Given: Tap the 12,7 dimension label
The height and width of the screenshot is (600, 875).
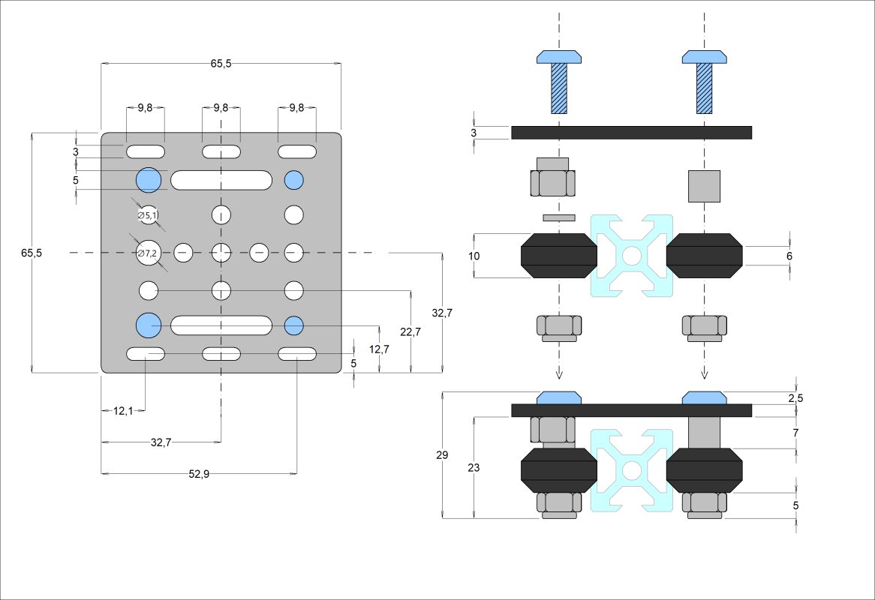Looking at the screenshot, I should tap(380, 349).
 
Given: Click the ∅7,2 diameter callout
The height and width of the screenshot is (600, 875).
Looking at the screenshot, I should tap(147, 253).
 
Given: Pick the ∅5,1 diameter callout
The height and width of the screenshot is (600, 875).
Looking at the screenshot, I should tap(148, 215).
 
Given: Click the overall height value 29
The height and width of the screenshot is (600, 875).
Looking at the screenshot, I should tap(442, 455).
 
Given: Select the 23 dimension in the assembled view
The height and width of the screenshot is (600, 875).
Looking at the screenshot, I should tap(473, 467).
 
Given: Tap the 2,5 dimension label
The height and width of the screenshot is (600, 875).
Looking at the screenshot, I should tap(795, 398).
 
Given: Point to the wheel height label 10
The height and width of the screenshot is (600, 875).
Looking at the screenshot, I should tap(474, 256).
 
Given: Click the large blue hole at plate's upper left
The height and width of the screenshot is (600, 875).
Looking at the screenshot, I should tap(149, 180).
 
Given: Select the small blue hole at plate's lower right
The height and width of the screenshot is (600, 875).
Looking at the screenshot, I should tap(293, 325).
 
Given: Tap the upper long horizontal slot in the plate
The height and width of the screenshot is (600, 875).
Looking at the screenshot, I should tap(221, 180).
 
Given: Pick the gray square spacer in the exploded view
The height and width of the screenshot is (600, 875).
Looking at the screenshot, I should tap(704, 186).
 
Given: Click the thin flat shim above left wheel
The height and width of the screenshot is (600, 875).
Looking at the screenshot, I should tap(559, 217).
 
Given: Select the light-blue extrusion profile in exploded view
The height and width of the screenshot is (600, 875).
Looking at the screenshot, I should tap(632, 256).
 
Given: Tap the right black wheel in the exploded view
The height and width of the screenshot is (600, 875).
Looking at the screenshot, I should tap(704, 256).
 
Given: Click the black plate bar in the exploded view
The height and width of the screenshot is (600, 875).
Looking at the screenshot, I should tap(631, 132).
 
